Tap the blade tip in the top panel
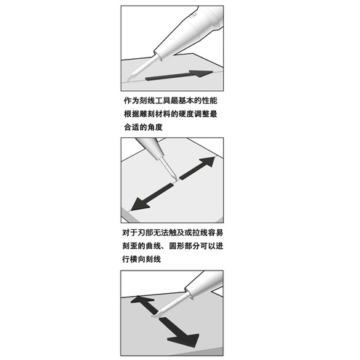click(x=129, y=81)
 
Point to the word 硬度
click(x=188, y=114)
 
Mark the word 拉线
click(x=203, y=234)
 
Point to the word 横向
click(x=145, y=260)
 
